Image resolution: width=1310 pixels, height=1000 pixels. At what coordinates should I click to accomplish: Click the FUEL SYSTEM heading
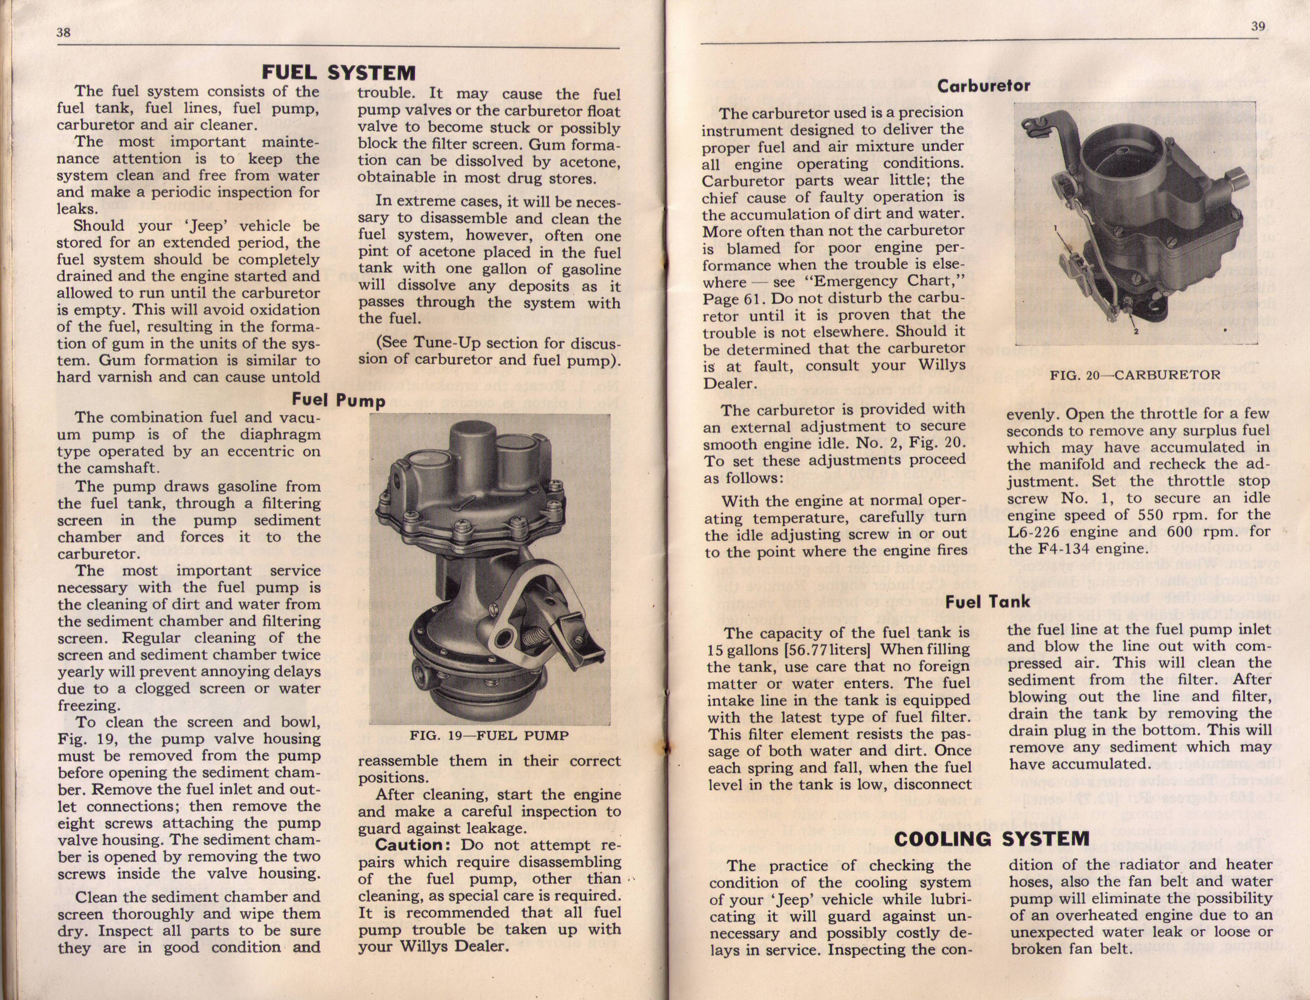coord(339,73)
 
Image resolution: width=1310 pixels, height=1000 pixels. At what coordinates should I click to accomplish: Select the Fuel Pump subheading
coord(338,400)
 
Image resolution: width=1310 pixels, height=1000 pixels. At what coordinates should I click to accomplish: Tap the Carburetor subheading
coord(984,86)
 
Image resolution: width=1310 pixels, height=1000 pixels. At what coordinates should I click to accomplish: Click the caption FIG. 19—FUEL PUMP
coord(489,736)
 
